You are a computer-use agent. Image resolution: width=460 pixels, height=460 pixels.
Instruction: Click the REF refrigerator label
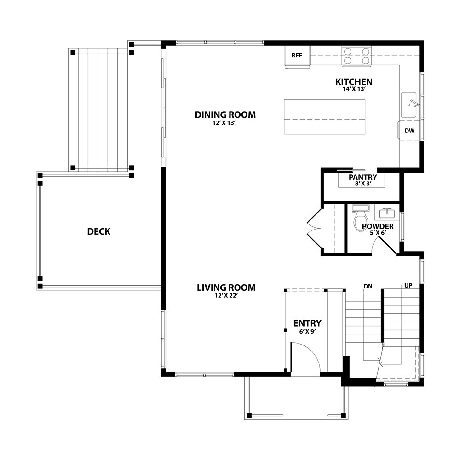(x=297, y=56)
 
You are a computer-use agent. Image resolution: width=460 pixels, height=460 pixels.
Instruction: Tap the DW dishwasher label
(x=409, y=131)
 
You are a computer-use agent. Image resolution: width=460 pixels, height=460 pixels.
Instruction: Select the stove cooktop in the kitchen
(x=356, y=56)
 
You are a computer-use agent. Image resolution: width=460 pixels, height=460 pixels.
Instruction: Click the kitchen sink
(x=408, y=105)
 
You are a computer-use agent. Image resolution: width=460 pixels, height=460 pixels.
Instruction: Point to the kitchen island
(x=324, y=117)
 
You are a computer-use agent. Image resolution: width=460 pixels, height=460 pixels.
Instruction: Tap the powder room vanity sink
(x=387, y=213)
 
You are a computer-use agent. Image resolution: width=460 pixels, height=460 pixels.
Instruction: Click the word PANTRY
(x=363, y=177)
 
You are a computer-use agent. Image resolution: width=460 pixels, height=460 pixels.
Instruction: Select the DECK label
(x=99, y=231)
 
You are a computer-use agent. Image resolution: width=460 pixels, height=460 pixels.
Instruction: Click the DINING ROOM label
(x=225, y=115)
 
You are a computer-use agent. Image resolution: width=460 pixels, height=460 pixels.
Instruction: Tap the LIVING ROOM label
(x=226, y=287)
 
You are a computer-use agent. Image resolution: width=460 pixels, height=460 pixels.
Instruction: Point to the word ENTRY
(x=307, y=323)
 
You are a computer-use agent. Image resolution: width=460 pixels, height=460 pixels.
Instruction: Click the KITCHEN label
(x=354, y=82)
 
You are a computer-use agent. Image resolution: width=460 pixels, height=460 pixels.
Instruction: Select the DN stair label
(x=368, y=286)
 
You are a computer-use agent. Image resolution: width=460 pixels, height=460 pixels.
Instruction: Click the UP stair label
(x=408, y=286)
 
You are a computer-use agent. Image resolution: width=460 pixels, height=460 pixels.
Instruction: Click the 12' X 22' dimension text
(x=226, y=296)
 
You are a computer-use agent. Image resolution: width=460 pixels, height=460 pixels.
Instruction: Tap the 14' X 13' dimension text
(x=354, y=89)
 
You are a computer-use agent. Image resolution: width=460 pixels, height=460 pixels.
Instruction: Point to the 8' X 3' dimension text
(x=363, y=184)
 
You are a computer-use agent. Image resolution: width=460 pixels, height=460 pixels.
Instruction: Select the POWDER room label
(x=378, y=226)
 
